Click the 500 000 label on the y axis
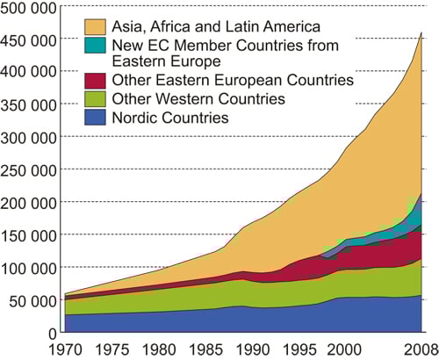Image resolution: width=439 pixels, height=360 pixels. click(28, 8)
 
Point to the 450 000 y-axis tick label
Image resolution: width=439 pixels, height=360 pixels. click(28, 40)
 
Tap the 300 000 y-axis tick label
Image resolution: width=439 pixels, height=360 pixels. click(28, 137)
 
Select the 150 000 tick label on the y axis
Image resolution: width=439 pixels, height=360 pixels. click(28, 234)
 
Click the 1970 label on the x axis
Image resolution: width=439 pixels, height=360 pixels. click(64, 349)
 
